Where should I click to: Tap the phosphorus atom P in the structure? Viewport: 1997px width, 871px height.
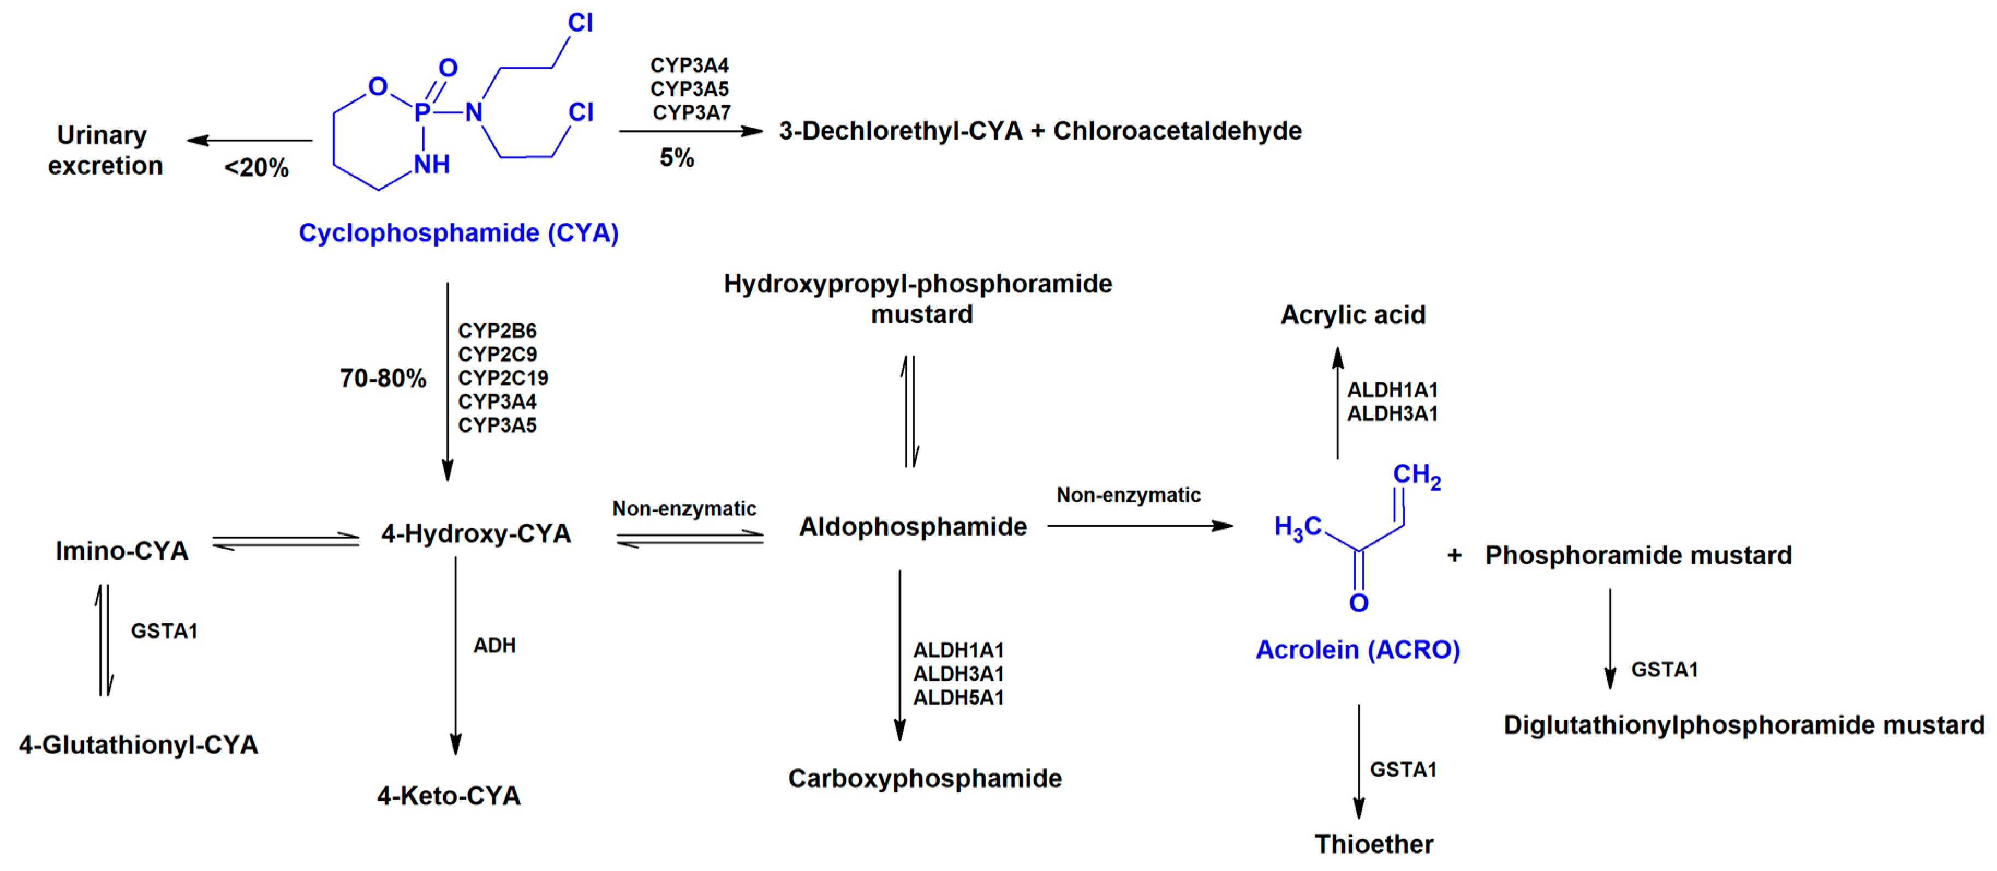point(422,113)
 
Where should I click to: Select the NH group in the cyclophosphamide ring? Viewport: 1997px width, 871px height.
point(431,164)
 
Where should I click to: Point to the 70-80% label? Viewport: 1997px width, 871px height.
point(383,378)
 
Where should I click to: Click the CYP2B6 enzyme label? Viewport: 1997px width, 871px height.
point(497,331)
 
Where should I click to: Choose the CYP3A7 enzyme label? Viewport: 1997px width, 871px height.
point(691,113)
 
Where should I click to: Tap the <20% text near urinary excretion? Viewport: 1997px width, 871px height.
point(256,167)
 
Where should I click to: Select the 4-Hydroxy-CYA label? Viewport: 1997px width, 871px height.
point(476,533)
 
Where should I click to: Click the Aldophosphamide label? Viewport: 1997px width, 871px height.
point(913,527)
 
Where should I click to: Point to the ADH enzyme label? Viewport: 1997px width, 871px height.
point(494,646)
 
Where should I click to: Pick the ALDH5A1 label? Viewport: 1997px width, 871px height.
point(958,698)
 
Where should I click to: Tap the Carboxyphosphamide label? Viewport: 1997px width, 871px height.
point(925,778)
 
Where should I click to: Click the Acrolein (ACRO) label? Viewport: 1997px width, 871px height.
point(1357,650)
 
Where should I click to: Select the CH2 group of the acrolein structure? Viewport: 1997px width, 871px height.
point(1416,475)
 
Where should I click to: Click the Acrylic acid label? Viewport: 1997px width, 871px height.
point(1353,315)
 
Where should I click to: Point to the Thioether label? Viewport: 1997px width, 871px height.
point(1374,844)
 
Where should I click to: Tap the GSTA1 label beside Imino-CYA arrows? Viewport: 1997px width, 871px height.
point(164,631)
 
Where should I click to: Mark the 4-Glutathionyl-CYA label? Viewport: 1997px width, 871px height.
point(138,744)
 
